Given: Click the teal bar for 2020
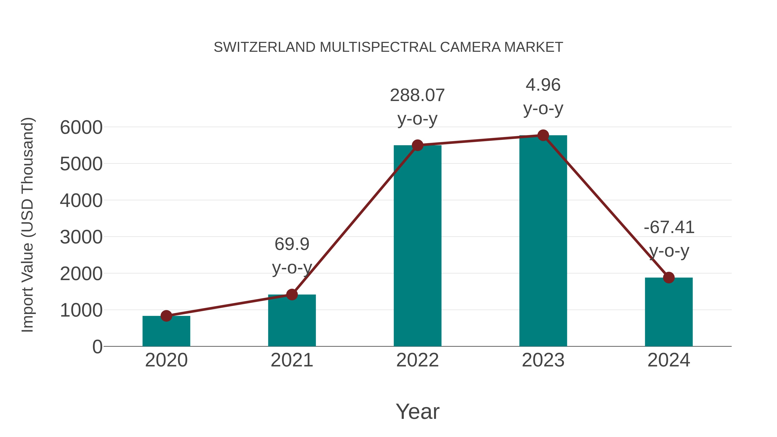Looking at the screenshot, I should tap(166, 332).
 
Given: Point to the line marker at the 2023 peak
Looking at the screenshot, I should tap(543, 135).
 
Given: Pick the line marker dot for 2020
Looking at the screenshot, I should tap(166, 316).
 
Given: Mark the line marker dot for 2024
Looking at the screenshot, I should tap(669, 278).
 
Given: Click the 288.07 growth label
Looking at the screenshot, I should tap(417, 95).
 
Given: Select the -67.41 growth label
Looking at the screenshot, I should tap(669, 227).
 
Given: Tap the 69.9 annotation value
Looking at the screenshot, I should tap(292, 244).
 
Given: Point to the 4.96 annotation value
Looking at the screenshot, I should tap(543, 85).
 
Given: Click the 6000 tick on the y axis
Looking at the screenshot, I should tap(81, 127).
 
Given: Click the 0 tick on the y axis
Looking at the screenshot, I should tap(97, 347).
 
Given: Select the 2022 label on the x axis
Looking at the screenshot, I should tap(417, 360).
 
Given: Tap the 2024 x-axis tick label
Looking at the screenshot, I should tap(669, 360).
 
